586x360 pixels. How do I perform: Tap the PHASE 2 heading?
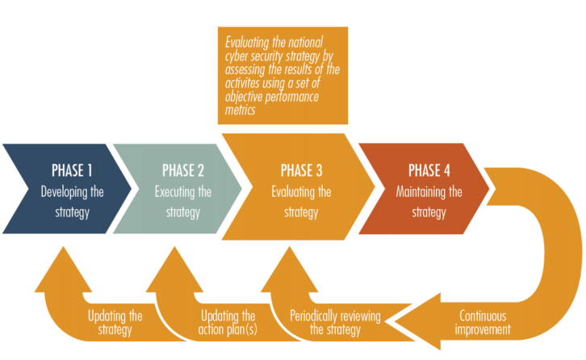click(x=183, y=170)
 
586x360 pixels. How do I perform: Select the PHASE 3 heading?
click(x=301, y=170)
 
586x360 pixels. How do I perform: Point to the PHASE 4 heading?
click(x=429, y=170)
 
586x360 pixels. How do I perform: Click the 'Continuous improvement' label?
click(x=483, y=322)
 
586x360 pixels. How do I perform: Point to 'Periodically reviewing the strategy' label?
click(x=335, y=322)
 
